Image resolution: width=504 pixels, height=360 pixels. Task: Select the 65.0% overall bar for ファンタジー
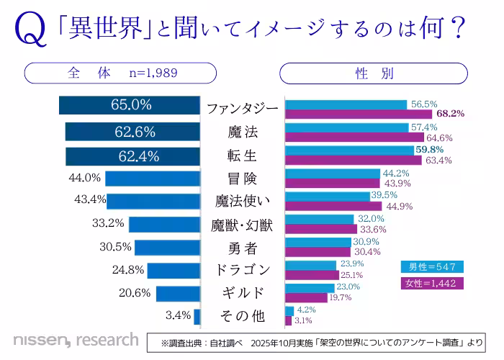[x=130, y=104]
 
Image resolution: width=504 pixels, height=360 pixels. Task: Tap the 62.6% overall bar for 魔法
[x=132, y=132]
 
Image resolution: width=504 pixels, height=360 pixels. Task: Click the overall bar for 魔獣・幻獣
[x=164, y=224]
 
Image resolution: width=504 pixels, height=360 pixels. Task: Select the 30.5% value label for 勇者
[x=116, y=247]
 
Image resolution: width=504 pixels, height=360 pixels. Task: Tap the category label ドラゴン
[x=243, y=270]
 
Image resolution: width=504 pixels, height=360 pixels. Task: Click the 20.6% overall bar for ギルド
[x=178, y=293]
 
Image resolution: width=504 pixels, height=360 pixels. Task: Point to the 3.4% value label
[x=178, y=315]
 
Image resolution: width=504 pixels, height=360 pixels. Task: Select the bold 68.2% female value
[x=450, y=114]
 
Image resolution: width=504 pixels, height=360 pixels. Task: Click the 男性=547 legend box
[x=432, y=266]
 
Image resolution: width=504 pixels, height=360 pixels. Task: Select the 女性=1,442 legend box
[x=432, y=283]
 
